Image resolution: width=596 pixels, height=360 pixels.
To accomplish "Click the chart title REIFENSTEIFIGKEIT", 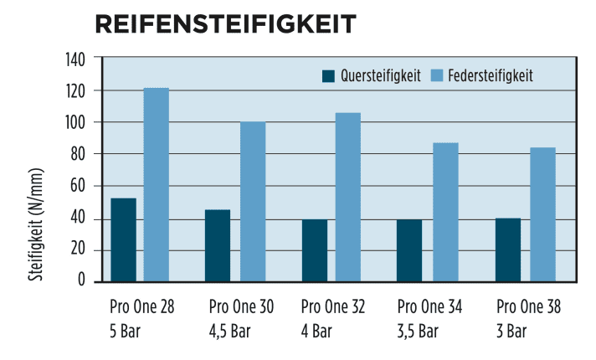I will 226,24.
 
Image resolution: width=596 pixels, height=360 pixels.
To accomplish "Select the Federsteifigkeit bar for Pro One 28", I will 157,184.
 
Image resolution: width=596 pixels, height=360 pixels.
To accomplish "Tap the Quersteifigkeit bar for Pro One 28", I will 123,239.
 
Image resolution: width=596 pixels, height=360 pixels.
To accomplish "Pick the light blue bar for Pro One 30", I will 253,202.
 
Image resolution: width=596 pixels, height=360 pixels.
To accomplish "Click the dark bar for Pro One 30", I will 218,245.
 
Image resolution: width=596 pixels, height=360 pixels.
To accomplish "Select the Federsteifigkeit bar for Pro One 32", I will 348,197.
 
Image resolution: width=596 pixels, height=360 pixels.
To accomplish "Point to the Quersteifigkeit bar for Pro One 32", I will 315,250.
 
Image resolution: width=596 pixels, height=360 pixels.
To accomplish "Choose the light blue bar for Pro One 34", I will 445,212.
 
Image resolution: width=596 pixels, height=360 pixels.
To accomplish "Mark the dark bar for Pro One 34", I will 409,250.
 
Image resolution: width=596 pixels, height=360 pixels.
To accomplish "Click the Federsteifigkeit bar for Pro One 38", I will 542,214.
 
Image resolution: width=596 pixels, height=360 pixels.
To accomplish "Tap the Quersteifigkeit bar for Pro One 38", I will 508,249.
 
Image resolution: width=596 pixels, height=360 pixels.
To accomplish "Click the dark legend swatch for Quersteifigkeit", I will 328,76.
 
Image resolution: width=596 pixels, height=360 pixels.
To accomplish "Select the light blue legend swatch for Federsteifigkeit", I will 437,76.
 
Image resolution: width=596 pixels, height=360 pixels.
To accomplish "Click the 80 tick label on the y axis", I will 79,154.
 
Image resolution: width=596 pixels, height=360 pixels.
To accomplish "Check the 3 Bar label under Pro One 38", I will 511,331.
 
